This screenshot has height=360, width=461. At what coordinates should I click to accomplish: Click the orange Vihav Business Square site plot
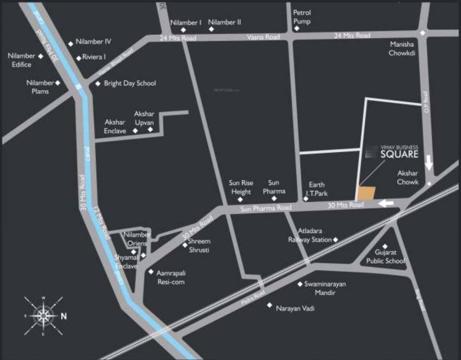(367, 194)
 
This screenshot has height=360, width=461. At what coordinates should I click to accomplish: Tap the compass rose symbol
(43, 315)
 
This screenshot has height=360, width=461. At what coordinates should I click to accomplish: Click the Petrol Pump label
(302, 17)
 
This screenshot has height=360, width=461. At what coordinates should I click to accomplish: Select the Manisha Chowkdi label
(402, 48)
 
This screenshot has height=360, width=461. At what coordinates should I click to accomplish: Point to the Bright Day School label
(130, 83)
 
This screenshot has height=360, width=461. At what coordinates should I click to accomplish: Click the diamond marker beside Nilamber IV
(71, 44)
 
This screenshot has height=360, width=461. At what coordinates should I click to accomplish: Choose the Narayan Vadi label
(295, 308)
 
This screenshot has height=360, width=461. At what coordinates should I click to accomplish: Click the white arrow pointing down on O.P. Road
(429, 164)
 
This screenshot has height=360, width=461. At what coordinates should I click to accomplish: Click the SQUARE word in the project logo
(399, 155)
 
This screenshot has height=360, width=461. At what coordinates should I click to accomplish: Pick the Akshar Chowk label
(408, 177)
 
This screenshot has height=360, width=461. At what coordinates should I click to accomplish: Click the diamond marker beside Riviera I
(78, 58)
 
